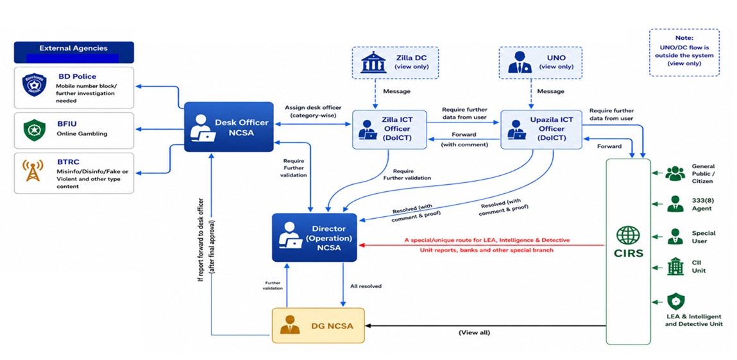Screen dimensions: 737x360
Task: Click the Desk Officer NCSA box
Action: point(228,127)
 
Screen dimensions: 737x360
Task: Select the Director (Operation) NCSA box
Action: point(314,237)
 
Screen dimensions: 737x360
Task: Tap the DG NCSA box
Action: point(318,325)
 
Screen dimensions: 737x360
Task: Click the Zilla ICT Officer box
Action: point(389,130)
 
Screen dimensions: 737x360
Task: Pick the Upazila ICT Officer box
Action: point(541,130)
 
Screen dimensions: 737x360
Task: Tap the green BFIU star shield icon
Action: point(34,129)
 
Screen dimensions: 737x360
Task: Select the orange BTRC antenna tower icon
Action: point(33,171)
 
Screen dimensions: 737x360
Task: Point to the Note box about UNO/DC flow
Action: point(684,52)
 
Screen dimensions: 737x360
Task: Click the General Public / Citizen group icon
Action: point(675,173)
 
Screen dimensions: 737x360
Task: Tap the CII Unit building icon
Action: point(675,266)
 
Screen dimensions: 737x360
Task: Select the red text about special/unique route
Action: point(487,245)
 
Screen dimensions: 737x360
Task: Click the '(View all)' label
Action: point(474,332)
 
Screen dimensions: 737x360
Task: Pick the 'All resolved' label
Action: point(366,286)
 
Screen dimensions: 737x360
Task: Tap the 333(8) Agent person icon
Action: point(675,203)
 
